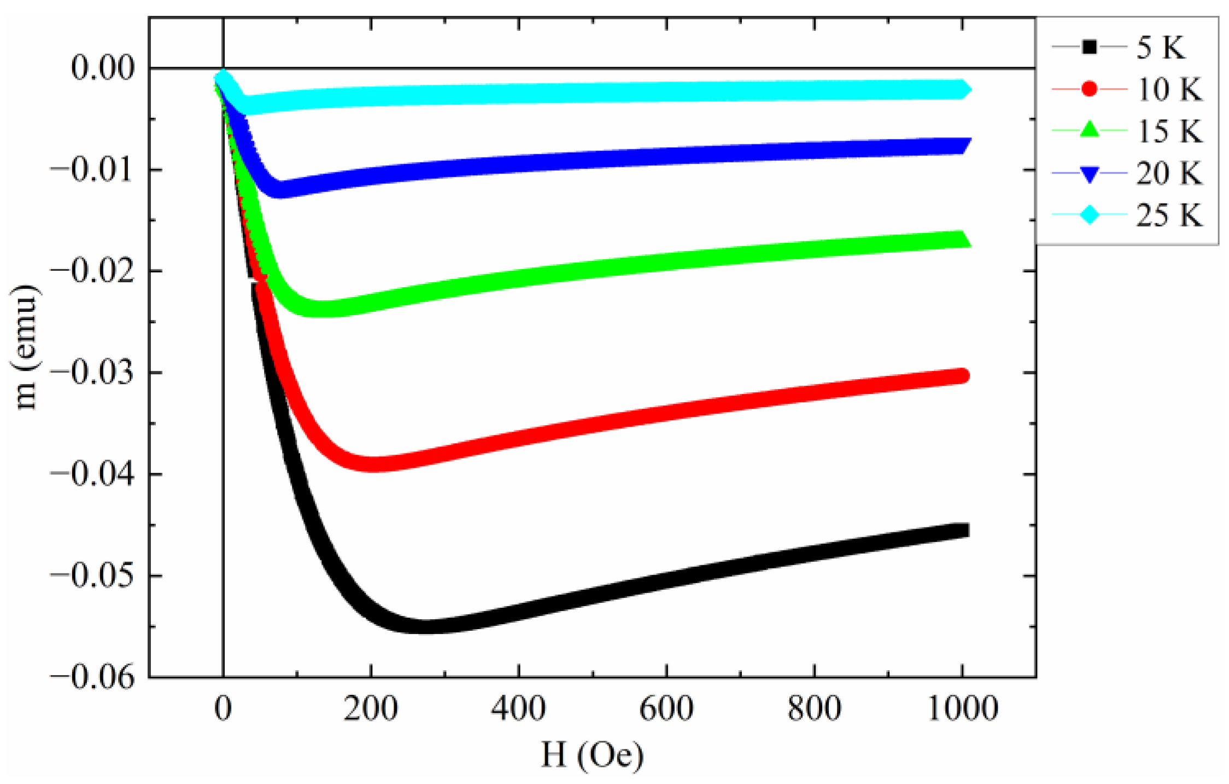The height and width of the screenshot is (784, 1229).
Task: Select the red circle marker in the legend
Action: pos(1089,89)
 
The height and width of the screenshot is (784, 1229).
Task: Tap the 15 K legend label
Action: pos(1169,131)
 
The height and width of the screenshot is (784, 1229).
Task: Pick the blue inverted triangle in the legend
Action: pos(1089,175)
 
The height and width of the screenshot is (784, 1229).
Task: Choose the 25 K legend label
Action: pos(1169,216)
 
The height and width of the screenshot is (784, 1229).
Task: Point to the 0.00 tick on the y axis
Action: pos(102,68)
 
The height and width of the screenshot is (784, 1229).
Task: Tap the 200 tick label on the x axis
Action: pos(371,708)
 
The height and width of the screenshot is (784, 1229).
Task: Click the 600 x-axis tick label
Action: pos(666,708)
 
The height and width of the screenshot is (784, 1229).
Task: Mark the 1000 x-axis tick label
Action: pos(963,708)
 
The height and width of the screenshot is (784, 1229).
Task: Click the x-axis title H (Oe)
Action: pos(592,755)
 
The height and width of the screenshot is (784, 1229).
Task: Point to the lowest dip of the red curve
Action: pos(374,464)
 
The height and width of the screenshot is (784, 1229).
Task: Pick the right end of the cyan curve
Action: pos(963,89)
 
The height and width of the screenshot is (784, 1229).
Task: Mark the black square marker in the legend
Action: pos(1089,47)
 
